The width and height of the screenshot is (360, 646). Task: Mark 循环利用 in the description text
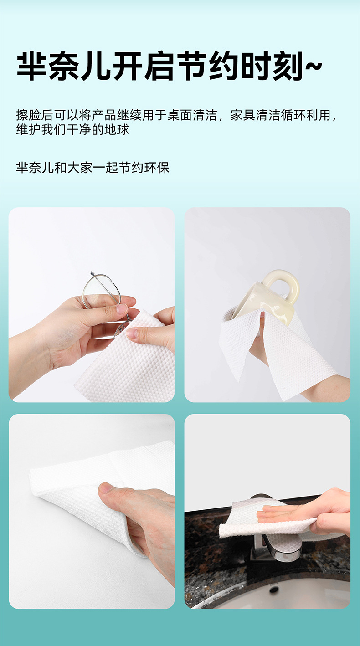[x=305, y=115]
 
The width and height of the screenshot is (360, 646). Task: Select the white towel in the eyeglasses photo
[x=123, y=364]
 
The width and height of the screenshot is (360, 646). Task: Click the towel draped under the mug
[x=283, y=351]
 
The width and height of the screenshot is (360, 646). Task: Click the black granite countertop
[x=205, y=547]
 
